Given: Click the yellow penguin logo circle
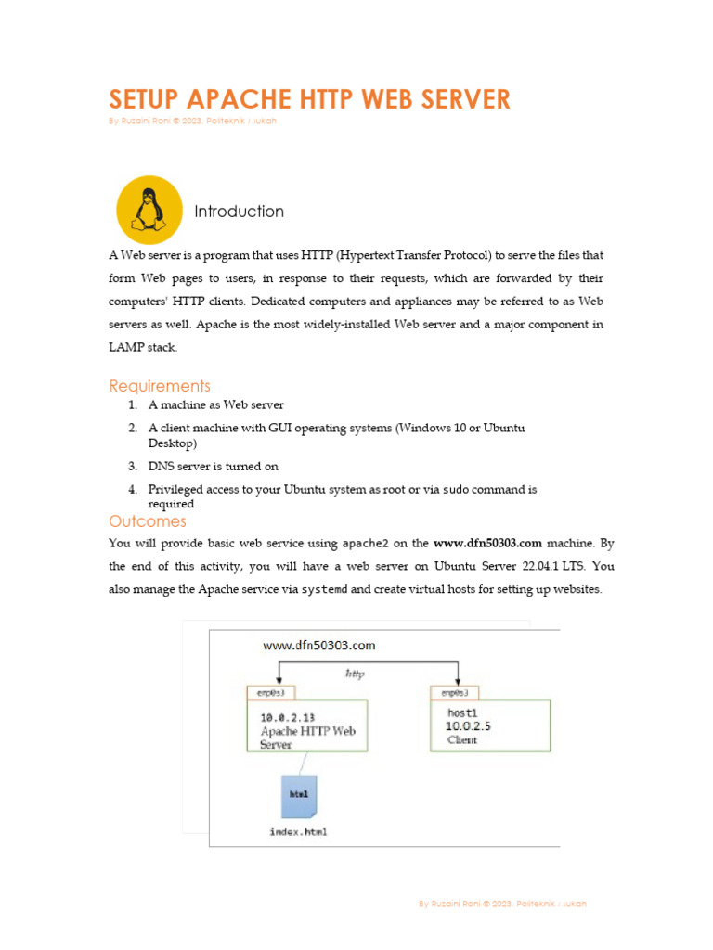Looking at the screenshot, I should point(149,210).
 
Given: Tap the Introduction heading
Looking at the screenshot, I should point(239,212).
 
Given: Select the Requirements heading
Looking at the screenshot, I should point(160,386).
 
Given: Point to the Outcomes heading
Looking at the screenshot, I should point(148,521).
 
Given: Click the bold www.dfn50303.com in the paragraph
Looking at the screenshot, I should point(487,543).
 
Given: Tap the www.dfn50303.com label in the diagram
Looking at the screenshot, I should point(319,645).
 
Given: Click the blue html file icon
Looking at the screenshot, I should point(299,796).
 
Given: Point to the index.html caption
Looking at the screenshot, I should point(298,831).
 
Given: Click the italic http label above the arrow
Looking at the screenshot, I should point(354,674).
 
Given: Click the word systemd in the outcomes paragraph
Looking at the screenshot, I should point(324,590).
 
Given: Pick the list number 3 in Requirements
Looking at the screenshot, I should point(133,467).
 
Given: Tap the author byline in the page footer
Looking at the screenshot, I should point(502,904).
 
